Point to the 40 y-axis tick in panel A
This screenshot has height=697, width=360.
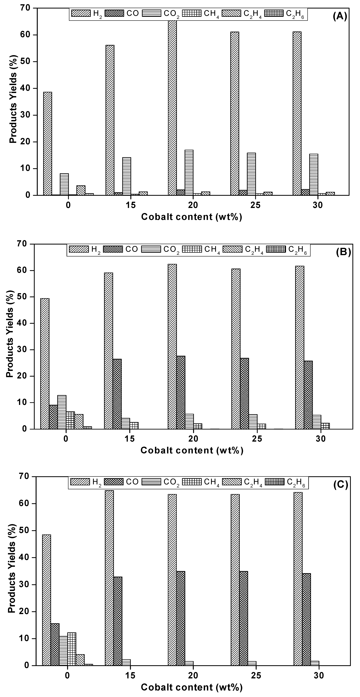point(27,89)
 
